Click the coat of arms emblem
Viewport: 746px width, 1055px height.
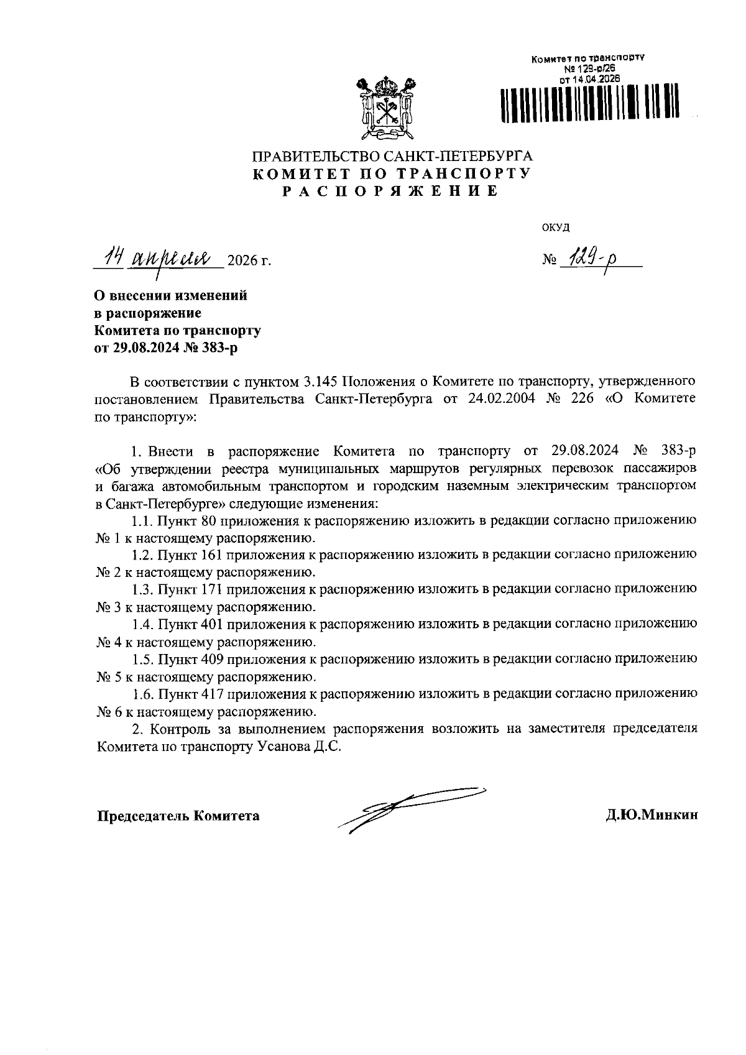click(x=384, y=106)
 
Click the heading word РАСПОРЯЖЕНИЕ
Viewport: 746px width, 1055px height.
click(x=391, y=191)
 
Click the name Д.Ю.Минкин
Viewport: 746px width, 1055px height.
click(x=652, y=815)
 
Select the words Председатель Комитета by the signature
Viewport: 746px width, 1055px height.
click(x=178, y=815)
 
